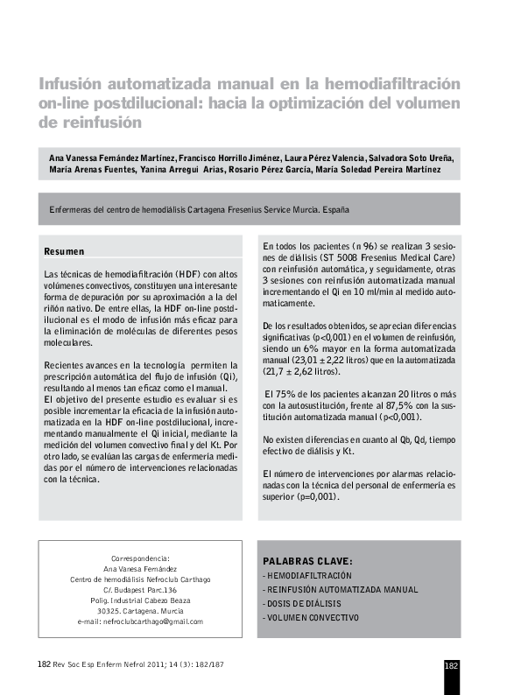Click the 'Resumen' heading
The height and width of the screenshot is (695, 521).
click(x=64, y=251)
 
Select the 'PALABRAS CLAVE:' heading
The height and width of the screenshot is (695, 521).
click(x=306, y=561)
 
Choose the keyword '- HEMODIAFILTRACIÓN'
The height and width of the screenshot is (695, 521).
click(x=306, y=576)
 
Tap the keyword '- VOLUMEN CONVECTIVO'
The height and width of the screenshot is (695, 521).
click(x=310, y=618)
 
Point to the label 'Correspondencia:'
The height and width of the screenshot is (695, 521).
click(x=140, y=558)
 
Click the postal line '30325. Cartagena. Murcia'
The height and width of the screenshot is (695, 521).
click(x=140, y=611)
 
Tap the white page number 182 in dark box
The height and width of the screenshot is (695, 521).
click(x=452, y=665)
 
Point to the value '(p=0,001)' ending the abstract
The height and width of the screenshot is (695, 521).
click(x=319, y=496)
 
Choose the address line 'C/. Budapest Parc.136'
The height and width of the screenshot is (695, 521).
click(x=140, y=590)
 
